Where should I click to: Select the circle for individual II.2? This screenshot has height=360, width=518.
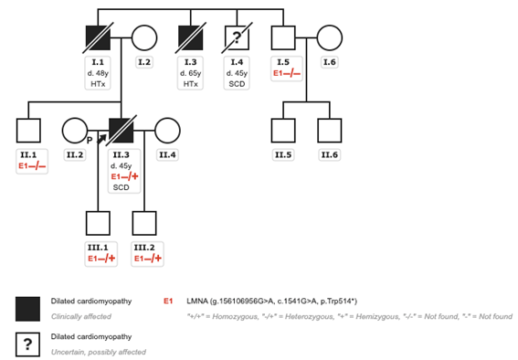[x=75, y=132]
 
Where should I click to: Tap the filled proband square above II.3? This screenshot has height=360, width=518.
[x=121, y=132]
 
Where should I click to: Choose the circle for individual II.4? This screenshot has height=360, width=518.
[x=167, y=132]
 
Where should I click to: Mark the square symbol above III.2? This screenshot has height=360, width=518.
[x=144, y=224]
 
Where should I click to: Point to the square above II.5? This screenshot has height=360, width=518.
[x=283, y=132]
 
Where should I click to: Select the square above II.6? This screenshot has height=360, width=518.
[x=329, y=132]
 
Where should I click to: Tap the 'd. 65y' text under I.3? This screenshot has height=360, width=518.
[x=190, y=72]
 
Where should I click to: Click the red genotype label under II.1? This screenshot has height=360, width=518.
[x=29, y=165]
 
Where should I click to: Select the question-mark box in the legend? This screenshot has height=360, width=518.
[x=30, y=344]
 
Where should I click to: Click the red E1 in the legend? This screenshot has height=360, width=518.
[x=167, y=299]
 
